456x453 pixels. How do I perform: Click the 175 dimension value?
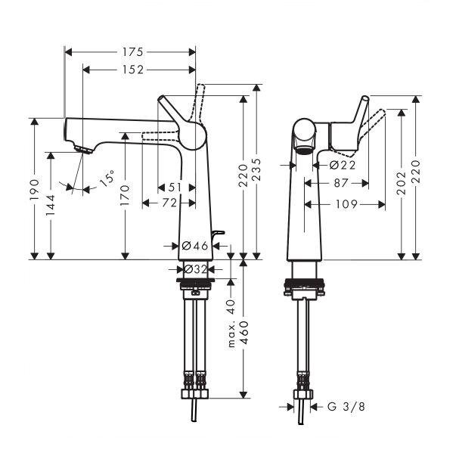tap(132, 52)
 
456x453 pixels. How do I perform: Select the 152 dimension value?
tap(132, 70)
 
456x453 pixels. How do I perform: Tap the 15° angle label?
tap(107, 178)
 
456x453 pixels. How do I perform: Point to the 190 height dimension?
tap(34, 190)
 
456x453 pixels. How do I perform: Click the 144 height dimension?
tap(51, 205)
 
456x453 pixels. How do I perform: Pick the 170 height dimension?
tap(125, 195)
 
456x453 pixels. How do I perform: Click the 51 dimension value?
tap(175, 188)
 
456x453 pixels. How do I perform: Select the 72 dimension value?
tap(170, 203)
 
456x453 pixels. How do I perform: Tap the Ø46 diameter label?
tap(195, 246)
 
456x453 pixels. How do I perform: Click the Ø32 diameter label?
tap(195, 269)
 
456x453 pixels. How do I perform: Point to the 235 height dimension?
tap(256, 170)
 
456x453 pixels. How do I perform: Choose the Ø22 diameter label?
tap(343, 165)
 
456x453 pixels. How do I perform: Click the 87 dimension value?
tap(341, 183)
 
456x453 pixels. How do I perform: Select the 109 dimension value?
tap(346, 204)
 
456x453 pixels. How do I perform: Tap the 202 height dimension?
tap(402, 184)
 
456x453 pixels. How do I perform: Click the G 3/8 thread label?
tap(346, 406)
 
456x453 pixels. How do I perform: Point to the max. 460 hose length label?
tap(239, 334)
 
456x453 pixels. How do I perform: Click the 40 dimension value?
tap(231, 307)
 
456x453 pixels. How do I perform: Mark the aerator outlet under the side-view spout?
tap(304, 150)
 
